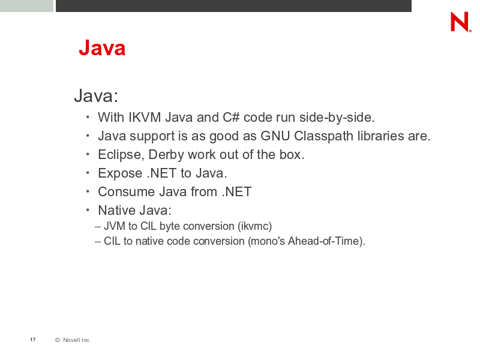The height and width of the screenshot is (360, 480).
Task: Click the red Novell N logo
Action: tap(460, 22)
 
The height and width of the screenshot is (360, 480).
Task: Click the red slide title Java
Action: tap(102, 48)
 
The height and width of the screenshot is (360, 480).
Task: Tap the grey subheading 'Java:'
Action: tap(96, 95)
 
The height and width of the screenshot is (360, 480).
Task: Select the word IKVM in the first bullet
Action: tap(145, 117)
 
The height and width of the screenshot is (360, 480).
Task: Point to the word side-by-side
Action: tap(337, 118)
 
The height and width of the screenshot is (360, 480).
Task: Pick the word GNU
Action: tap(275, 136)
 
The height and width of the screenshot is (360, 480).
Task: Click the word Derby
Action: tap(166, 155)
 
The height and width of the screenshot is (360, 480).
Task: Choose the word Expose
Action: tap(120, 173)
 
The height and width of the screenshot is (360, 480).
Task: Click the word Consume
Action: tap(126, 192)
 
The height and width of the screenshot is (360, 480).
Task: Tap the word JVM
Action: tap(115, 226)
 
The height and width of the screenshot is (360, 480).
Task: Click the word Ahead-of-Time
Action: tap(323, 241)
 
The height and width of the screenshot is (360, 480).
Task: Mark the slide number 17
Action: tap(33, 340)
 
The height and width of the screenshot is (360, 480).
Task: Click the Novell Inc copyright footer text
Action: tap(72, 340)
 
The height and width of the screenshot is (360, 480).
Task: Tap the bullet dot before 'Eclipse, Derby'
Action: tap(88, 154)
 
